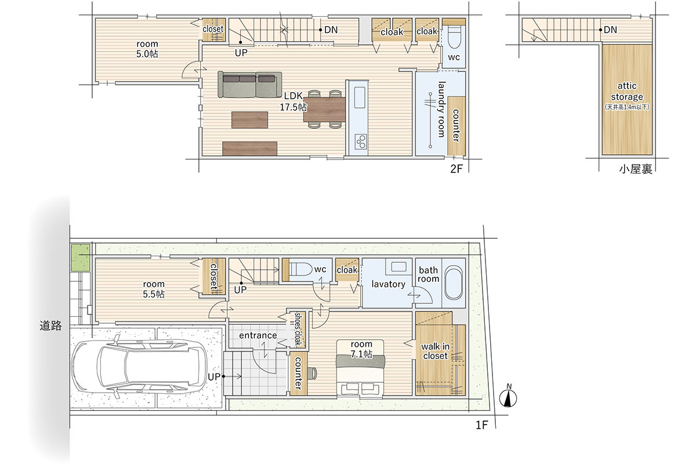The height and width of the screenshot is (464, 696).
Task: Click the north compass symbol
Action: (x=507, y=396)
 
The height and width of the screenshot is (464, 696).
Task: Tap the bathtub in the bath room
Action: (x=454, y=282)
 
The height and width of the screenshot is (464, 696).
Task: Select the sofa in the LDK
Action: (x=249, y=85)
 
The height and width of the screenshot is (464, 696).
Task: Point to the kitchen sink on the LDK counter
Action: (x=360, y=97)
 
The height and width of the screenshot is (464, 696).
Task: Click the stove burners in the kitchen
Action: (x=361, y=142)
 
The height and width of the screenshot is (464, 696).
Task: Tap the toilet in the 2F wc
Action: (x=454, y=37)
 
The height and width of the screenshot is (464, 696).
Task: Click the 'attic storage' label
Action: (x=627, y=91)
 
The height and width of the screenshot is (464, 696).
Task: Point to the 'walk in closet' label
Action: (x=436, y=351)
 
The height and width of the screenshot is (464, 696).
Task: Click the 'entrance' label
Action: (x=258, y=335)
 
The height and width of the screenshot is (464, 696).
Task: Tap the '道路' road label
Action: (x=50, y=325)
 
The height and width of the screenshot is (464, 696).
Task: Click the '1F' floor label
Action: (x=481, y=425)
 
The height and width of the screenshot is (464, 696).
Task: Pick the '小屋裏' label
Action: (x=636, y=169)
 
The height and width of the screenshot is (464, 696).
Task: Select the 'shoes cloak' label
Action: (x=298, y=329)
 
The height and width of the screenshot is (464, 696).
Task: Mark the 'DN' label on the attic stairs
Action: (x=610, y=30)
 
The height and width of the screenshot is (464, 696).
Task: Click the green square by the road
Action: (x=81, y=258)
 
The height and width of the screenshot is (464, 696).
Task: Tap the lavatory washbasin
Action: (x=398, y=267)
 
